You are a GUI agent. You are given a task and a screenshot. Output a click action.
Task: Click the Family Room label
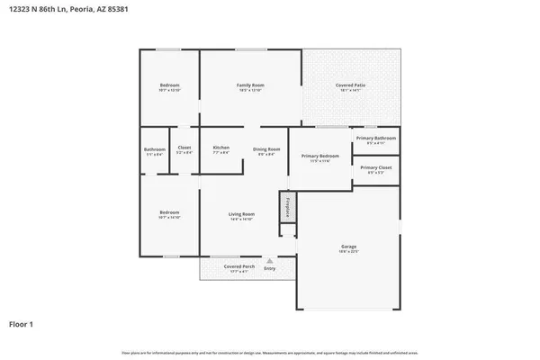pos(249,86)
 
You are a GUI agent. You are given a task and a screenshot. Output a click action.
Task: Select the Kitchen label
pos(220,148)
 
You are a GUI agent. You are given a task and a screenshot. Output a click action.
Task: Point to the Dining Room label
pos(266,149)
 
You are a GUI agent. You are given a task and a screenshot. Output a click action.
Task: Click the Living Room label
pos(240,215)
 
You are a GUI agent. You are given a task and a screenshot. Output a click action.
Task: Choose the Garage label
pos(348,247)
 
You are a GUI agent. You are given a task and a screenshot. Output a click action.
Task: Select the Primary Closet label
pos(375,168)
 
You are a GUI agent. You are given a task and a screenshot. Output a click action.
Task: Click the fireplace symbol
pos(287,206)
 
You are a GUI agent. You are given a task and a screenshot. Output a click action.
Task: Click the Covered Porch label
pos(239,268)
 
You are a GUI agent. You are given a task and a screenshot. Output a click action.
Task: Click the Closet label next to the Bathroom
pos(184,149)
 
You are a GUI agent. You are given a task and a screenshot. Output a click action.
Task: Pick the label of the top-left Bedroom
pos(169,86)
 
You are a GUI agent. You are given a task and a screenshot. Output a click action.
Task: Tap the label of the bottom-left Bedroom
pos(169,214)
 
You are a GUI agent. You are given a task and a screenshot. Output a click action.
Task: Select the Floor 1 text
pos(22,323)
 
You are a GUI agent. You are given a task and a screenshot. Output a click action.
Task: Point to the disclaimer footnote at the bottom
pos(269,352)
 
